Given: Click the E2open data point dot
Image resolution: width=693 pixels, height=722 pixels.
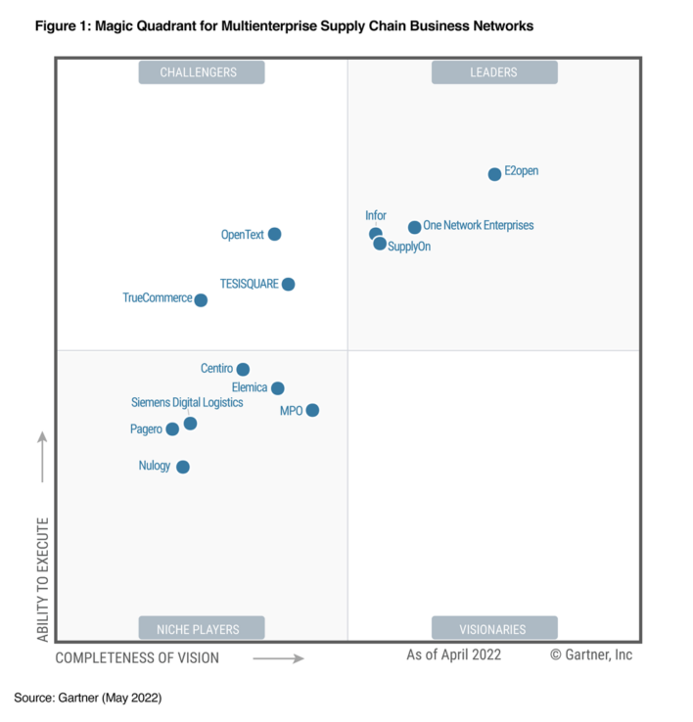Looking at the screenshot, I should click(494, 174).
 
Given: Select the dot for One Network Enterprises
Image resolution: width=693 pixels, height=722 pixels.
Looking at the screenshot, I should click(414, 227).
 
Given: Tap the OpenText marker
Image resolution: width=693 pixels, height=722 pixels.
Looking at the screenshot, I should click(274, 234).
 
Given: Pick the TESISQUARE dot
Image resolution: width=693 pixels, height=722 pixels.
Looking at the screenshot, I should click(288, 284).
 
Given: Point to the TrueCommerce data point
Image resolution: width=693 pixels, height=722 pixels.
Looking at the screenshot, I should click(201, 300).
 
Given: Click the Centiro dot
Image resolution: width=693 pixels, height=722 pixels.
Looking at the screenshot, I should click(243, 369).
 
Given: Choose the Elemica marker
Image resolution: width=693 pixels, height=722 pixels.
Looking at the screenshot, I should click(278, 388).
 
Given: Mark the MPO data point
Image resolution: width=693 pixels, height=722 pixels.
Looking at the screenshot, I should click(312, 410).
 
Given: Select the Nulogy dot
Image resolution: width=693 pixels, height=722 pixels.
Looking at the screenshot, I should click(182, 467).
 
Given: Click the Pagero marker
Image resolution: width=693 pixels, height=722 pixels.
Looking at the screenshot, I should click(172, 429).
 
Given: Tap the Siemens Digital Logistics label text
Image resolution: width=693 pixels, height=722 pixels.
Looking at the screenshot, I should click(187, 402).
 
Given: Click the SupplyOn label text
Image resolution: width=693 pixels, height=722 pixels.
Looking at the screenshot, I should click(409, 247).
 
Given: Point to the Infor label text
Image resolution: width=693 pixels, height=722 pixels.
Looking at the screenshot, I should click(376, 215).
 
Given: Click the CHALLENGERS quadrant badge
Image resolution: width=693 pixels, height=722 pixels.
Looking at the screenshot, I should click(200, 72).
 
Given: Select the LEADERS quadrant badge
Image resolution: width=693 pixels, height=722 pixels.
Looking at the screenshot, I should click(494, 72).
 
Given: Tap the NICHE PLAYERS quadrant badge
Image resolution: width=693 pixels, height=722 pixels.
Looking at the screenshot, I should click(200, 628).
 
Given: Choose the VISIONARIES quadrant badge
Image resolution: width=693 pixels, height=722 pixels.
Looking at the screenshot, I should click(494, 628).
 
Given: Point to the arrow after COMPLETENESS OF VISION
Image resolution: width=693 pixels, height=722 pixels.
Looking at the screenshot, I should click(278, 658).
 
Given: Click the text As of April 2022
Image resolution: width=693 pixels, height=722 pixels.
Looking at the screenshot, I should click(453, 654).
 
